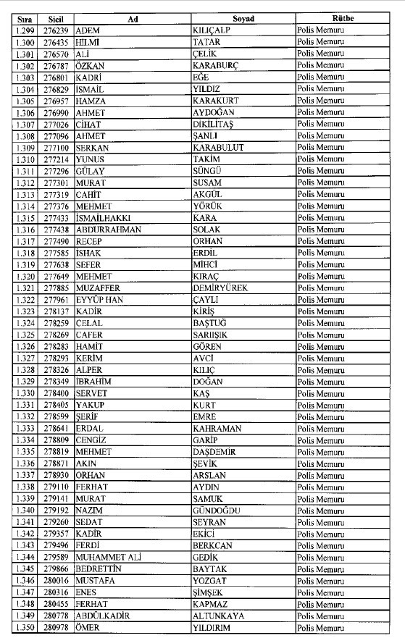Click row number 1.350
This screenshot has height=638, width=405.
tap(25, 627)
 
